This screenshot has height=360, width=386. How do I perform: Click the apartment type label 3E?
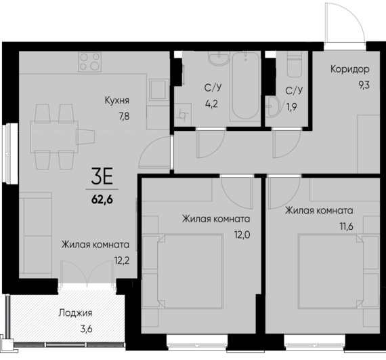tap(103, 178)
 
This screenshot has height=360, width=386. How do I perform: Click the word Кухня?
tap(117, 101)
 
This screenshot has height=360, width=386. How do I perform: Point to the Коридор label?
tap(349, 69)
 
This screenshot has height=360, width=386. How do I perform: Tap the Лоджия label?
tap(75, 313)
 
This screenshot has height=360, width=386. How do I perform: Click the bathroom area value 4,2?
tap(212, 104)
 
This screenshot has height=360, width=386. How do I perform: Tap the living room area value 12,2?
tap(123, 260)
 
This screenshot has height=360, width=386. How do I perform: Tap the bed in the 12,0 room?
tap(190, 267)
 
